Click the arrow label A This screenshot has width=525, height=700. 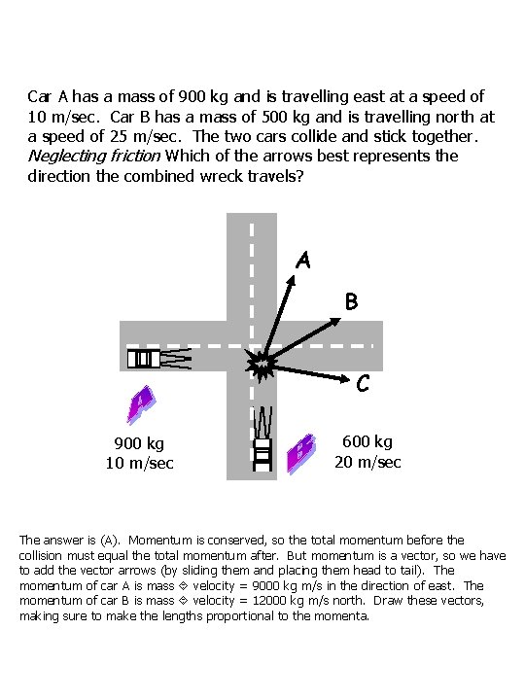point(304,260)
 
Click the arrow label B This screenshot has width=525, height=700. point(352,301)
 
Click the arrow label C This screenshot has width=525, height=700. point(362,385)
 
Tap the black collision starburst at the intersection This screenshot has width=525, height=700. point(261,367)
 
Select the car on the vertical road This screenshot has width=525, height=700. point(262,437)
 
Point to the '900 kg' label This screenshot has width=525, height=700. point(140,445)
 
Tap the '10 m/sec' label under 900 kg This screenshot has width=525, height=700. point(140,463)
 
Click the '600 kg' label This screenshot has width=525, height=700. point(368,441)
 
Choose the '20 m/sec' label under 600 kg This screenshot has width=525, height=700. point(368,462)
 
